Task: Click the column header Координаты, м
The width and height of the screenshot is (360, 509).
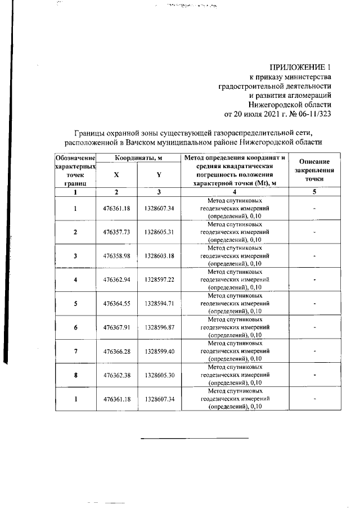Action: (139, 159)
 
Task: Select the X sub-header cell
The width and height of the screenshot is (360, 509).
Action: (116, 175)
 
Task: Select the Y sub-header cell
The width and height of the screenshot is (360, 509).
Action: (159, 175)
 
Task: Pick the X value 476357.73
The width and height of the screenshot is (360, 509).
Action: (117, 232)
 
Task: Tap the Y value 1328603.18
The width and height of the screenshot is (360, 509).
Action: (159, 256)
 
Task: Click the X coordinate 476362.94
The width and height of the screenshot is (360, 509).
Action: (117, 280)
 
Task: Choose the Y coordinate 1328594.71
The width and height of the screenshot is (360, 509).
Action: (159, 303)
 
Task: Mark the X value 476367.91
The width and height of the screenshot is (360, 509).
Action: (117, 327)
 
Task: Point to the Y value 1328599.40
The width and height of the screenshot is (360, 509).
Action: (159, 350)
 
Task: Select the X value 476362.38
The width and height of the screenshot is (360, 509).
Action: (117, 374)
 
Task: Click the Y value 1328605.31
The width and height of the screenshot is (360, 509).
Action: (159, 232)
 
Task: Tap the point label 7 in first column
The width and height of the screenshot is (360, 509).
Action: (75, 350)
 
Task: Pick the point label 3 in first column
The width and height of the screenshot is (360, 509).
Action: (75, 256)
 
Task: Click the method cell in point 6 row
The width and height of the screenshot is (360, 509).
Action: (235, 327)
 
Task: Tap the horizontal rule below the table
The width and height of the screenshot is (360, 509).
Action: (194, 438)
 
